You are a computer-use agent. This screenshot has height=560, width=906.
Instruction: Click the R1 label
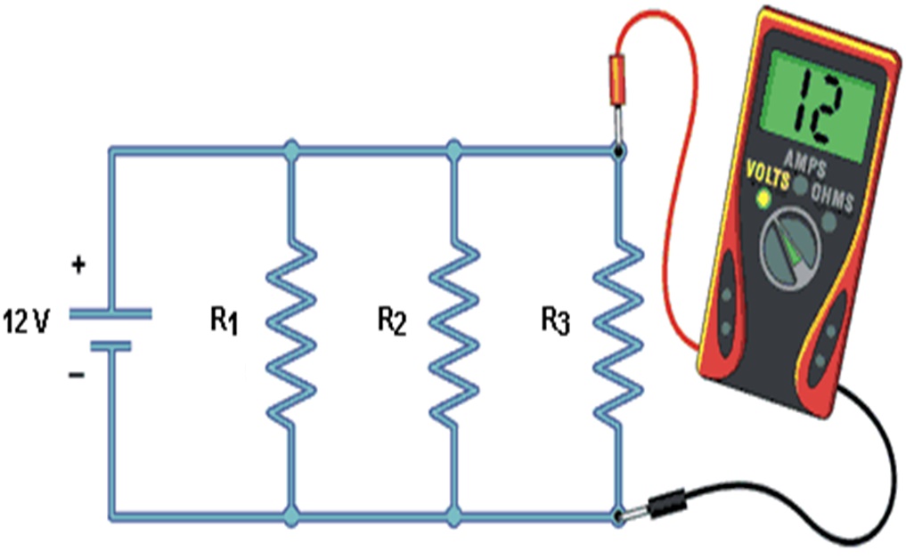[x=224, y=321]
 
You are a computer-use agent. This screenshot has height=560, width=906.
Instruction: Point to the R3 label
[x=555, y=321]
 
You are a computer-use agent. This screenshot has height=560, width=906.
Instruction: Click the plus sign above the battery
[x=79, y=264]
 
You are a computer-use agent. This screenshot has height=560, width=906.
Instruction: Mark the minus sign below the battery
[x=78, y=375]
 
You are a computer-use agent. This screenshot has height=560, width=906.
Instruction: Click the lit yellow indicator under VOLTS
[x=763, y=199]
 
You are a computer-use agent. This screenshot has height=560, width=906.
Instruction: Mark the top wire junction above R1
[x=290, y=149]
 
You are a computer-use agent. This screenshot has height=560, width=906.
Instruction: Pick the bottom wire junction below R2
[x=454, y=516]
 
